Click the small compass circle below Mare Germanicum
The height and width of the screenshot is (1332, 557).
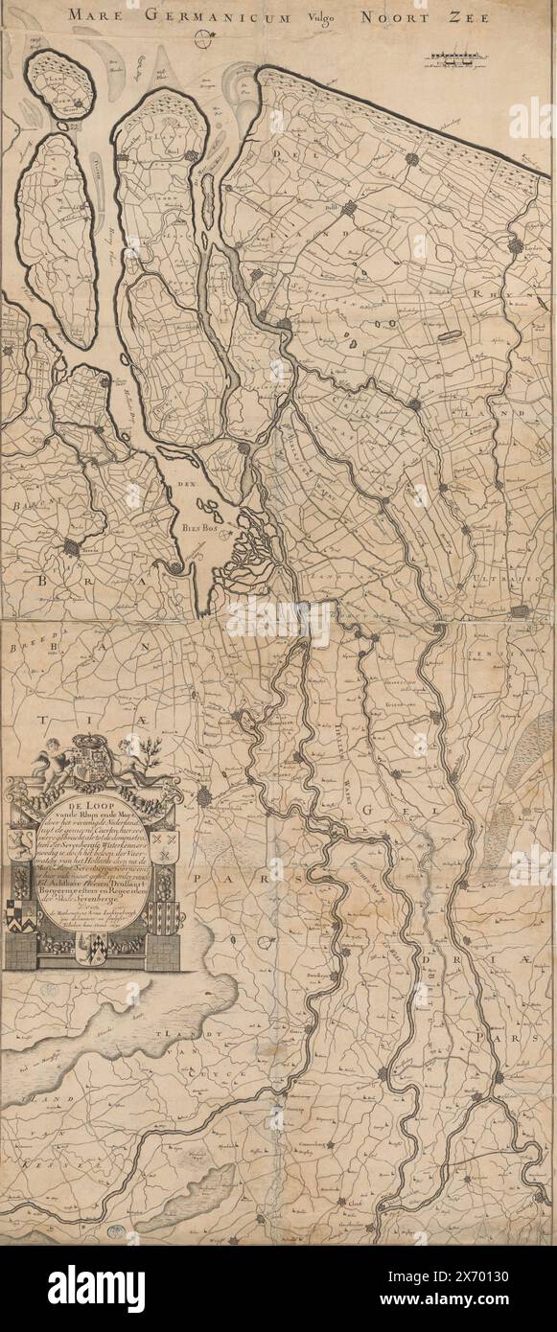(202, 39)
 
